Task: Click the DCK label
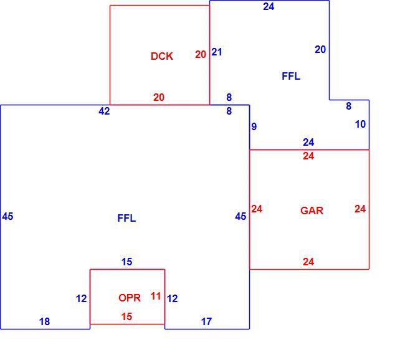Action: [x=162, y=56]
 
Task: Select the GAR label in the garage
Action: [x=312, y=211]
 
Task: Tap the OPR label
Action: [x=130, y=298]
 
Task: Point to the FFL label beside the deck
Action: [x=291, y=76]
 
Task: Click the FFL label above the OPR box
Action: [x=126, y=218]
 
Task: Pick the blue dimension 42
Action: [x=104, y=111]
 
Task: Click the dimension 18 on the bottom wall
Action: [x=44, y=321]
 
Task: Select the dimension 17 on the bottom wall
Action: [x=206, y=321]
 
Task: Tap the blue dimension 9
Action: [x=254, y=126]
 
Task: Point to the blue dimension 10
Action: [x=360, y=124]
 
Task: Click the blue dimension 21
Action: [x=217, y=52]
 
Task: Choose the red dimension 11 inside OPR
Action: [x=156, y=296]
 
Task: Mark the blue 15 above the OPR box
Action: [x=126, y=262]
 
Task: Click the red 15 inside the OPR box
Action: [x=126, y=316]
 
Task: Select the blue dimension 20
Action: [x=320, y=49]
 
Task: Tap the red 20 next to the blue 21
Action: [x=201, y=54]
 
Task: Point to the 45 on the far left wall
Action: [x=7, y=216]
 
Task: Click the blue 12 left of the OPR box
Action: [x=82, y=298]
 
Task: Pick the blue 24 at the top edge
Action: [x=269, y=7]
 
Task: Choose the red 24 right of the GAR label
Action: [x=360, y=209]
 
